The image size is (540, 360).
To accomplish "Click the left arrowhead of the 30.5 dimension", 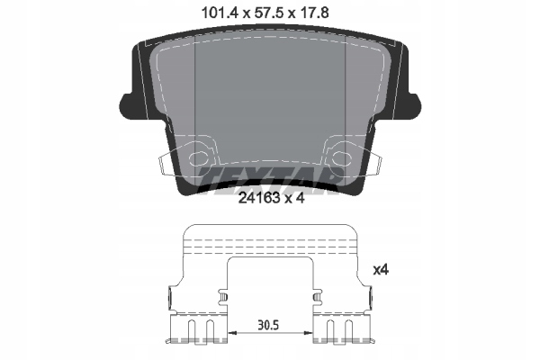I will click(x=236, y=333).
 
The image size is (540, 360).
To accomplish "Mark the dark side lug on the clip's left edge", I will click(x=169, y=293).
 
